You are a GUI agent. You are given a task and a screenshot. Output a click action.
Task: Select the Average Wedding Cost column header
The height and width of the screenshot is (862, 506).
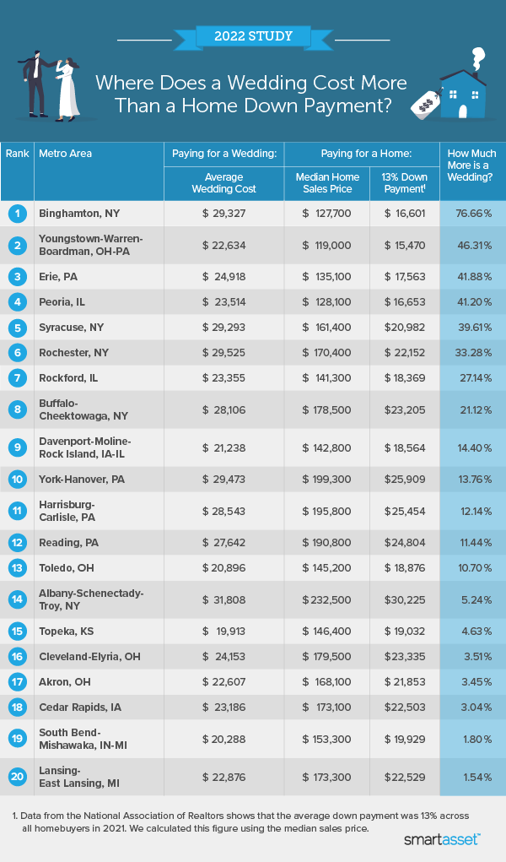(223, 183)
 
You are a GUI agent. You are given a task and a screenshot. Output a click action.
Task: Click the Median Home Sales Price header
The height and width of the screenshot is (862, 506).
(327, 183)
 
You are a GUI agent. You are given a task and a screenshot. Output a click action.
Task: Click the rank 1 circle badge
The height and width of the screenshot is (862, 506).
(16, 214)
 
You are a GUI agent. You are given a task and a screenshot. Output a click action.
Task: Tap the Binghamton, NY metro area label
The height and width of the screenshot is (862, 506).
(80, 214)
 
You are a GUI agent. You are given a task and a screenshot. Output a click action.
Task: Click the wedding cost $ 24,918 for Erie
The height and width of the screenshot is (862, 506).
(223, 276)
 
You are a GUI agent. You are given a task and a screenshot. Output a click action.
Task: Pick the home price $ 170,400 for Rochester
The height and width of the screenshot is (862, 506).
(327, 352)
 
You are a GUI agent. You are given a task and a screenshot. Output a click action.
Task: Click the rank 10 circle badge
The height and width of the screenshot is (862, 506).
(16, 480)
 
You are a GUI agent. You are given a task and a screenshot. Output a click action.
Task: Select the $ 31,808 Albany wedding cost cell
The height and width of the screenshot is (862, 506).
(223, 600)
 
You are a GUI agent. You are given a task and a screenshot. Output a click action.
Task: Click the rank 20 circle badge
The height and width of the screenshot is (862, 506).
(16, 777)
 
